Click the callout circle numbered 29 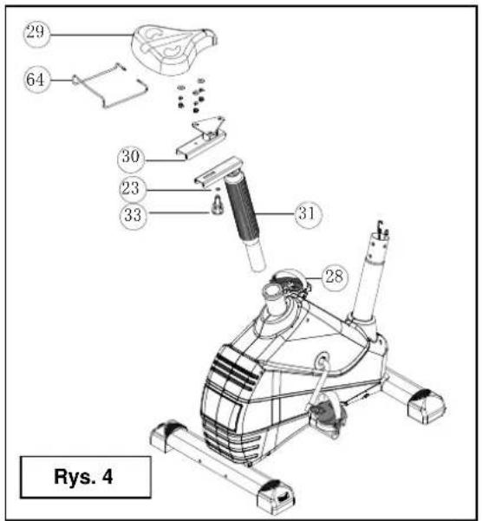point(36,33)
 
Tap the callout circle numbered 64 point(36,80)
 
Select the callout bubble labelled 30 point(131,158)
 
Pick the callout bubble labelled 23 point(133,189)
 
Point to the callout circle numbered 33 point(133,215)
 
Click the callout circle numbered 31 point(308,213)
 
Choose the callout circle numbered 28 point(334,277)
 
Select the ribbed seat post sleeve point(242,208)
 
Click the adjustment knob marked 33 point(218,206)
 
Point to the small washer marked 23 point(218,189)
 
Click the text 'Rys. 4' point(83,477)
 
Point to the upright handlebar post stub point(368,276)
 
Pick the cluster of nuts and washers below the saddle point(192,95)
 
